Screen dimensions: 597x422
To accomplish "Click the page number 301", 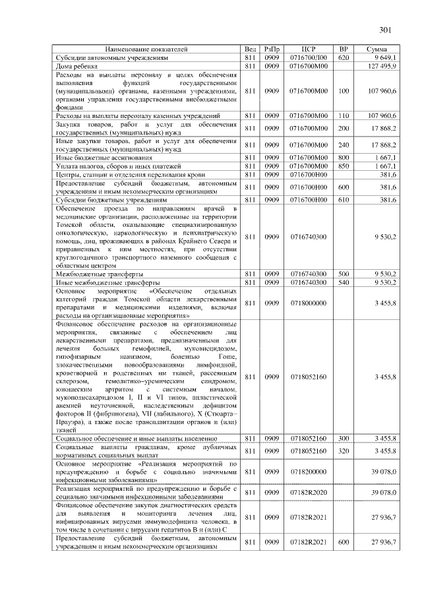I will click(x=386, y=29).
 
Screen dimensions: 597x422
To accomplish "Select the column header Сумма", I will click(x=377, y=49).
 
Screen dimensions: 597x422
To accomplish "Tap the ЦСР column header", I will click(x=309, y=49).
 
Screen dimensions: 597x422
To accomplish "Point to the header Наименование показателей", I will click(x=146, y=49).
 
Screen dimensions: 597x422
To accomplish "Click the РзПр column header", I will click(x=271, y=49).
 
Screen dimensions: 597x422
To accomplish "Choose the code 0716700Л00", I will click(x=309, y=58).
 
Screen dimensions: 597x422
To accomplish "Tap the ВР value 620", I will click(x=343, y=58).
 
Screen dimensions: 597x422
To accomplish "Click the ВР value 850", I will click(x=343, y=166).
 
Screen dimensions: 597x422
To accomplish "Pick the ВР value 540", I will click(x=343, y=282).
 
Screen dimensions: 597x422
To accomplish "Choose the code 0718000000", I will click(x=309, y=303).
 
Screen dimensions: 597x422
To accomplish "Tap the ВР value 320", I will click(x=343, y=451).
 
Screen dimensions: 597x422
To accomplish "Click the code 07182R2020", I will click(x=309, y=493).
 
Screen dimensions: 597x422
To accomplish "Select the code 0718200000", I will click(x=309, y=472).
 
